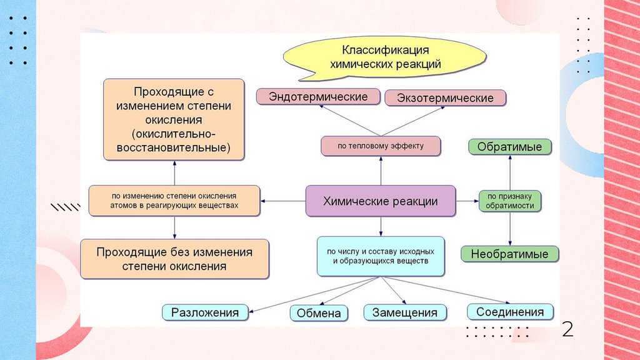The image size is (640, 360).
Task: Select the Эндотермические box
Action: tap(317, 97)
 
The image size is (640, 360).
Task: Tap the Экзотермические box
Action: tap(445, 98)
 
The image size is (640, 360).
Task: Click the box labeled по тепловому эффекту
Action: tap(381, 146)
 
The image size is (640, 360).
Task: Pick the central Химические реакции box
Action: tap(380, 201)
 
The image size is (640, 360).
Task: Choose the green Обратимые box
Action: tap(509, 147)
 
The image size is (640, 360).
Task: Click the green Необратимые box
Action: tap(509, 254)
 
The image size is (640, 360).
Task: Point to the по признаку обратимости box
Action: tap(509, 201)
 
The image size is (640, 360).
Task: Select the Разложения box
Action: tap(205, 312)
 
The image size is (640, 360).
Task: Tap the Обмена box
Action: tap(319, 313)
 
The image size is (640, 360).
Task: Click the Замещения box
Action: tap(405, 312)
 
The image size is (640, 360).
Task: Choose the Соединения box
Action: tap(510, 311)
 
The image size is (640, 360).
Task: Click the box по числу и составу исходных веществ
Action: tap(380, 256)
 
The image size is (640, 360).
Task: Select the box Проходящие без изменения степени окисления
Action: tap(174, 259)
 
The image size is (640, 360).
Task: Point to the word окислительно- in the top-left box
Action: tap(174, 134)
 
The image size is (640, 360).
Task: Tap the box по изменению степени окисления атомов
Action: tap(174, 201)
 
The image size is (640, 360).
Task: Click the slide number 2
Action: tap(567, 329)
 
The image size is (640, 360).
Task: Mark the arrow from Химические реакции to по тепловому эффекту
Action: tap(381, 170)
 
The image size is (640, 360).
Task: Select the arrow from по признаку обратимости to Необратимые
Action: tap(510, 229)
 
